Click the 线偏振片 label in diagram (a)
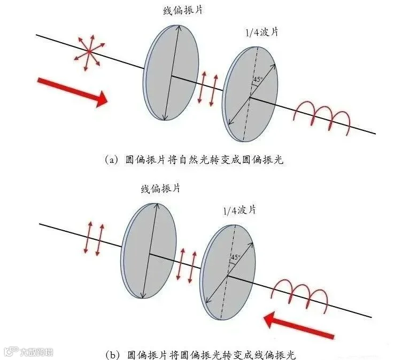coord(183,11)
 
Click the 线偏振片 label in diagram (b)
coord(161,189)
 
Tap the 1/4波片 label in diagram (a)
coord(262,33)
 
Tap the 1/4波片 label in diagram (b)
coord(239,210)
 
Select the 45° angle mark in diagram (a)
coord(258,80)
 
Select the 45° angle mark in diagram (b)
coord(236,257)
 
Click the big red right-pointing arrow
coord(73,92)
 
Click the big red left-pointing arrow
coord(299,325)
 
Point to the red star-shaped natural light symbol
coord(89,52)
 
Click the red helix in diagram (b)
coord(299,295)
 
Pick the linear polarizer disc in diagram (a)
coord(171,73)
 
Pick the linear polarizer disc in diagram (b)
coord(149,251)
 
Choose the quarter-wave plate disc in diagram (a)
coord(250,94)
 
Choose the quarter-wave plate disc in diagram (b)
coord(228,272)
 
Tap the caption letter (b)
coord(113,355)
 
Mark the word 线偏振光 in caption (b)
coord(275,355)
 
